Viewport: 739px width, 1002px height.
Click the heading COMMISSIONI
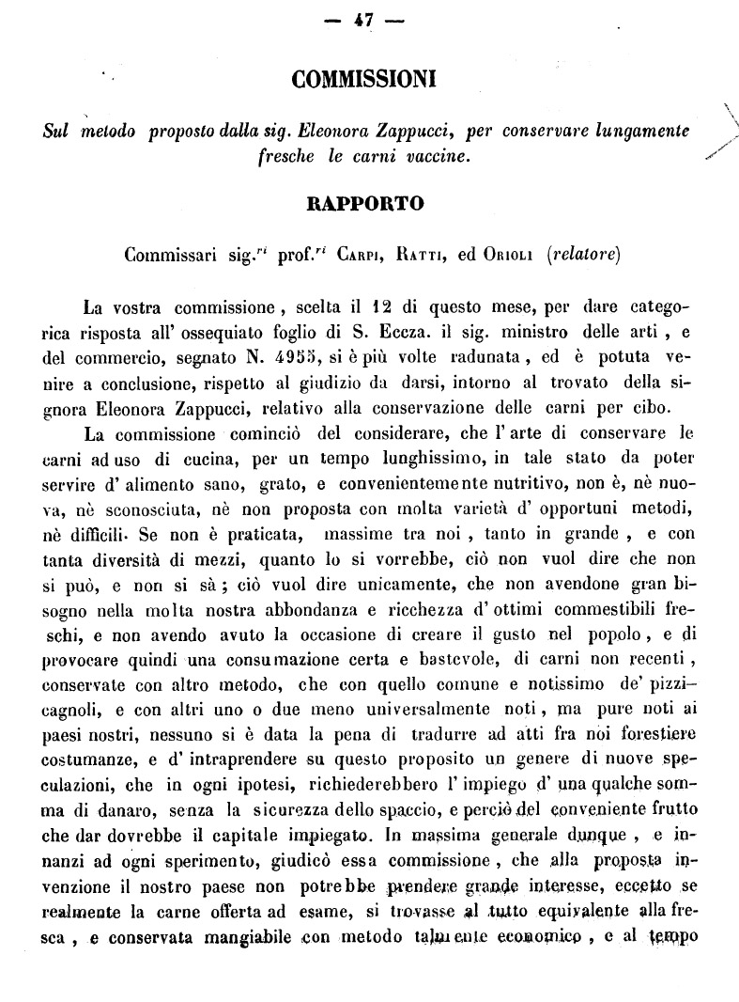pos(368,81)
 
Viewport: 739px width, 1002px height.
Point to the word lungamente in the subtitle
pos(643,130)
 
